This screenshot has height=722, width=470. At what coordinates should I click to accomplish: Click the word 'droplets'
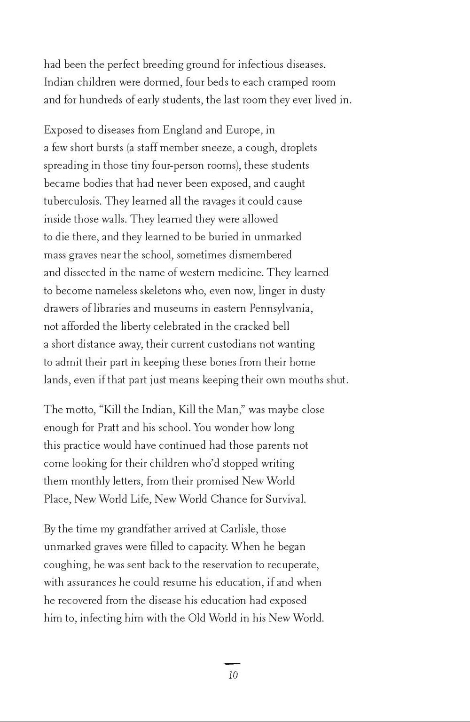coord(299,148)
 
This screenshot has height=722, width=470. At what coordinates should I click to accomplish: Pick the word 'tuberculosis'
coord(72,201)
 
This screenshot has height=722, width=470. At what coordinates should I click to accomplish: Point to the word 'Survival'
coord(285,499)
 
